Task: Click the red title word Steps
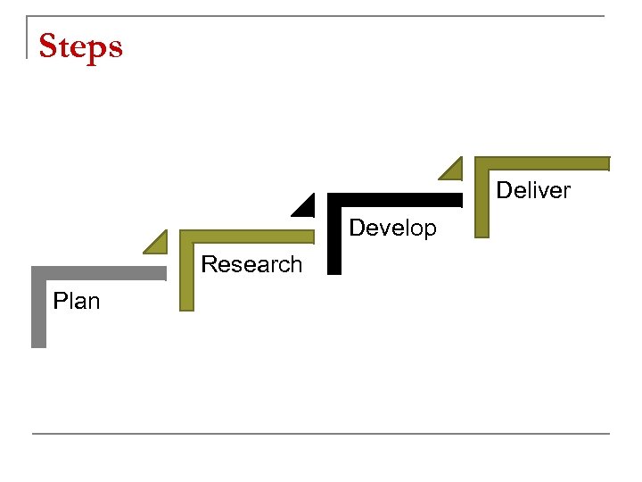(x=80, y=46)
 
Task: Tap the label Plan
(x=77, y=301)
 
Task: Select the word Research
(x=251, y=264)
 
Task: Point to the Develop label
(x=392, y=228)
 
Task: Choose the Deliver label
(x=533, y=190)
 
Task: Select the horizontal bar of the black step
(x=397, y=200)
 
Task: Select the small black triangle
(x=306, y=207)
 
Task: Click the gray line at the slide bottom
(x=321, y=434)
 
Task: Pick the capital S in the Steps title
(x=49, y=46)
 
